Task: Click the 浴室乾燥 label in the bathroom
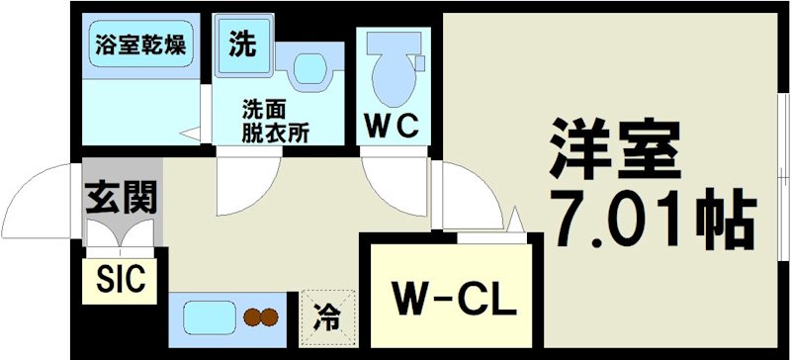point(140,44)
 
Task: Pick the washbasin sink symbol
point(308,70)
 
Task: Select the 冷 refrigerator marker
point(326,318)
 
